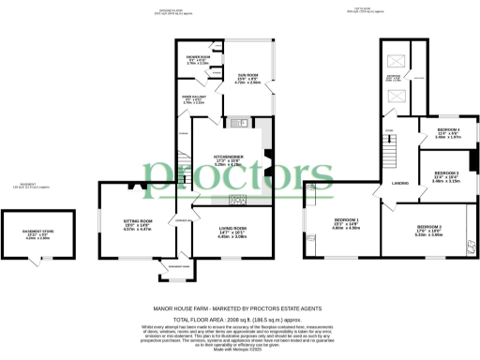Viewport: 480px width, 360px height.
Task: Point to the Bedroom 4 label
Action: pyautogui.click(x=439, y=132)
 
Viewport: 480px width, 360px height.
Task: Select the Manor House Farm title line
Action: pyautogui.click(x=238, y=307)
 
